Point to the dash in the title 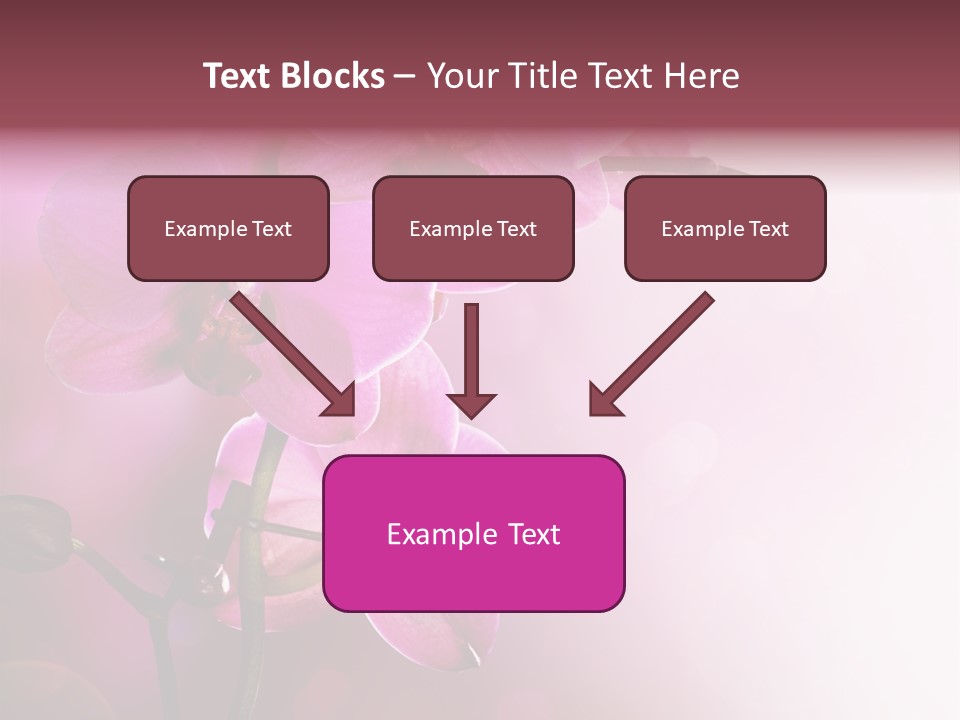(x=405, y=76)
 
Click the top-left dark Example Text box (x=228, y=228)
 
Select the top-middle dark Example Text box (x=473, y=228)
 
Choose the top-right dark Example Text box (x=725, y=228)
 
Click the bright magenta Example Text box (x=473, y=533)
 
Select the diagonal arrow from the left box (x=290, y=350)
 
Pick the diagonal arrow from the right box (x=655, y=350)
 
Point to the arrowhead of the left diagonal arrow (x=340, y=400)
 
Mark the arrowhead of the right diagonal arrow (x=604, y=400)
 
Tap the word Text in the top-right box (x=768, y=228)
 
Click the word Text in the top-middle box (x=516, y=228)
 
